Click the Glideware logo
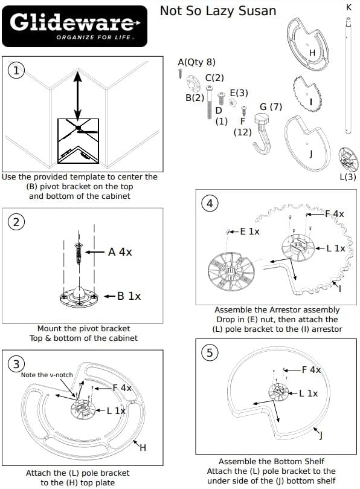click(74, 26)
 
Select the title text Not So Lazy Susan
click(218, 11)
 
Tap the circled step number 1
click(16, 71)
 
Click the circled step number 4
click(210, 203)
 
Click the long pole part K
click(348, 75)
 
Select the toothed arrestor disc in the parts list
click(307, 93)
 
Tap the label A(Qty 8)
click(196, 62)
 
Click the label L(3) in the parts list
click(347, 177)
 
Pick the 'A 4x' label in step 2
click(120, 252)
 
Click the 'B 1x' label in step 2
click(129, 296)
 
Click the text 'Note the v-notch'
click(47, 375)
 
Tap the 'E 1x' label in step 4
click(249, 232)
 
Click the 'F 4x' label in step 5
click(311, 370)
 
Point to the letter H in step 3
click(143, 448)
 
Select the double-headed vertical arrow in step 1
click(77, 96)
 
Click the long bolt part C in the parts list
click(210, 102)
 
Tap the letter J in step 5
click(321, 435)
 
